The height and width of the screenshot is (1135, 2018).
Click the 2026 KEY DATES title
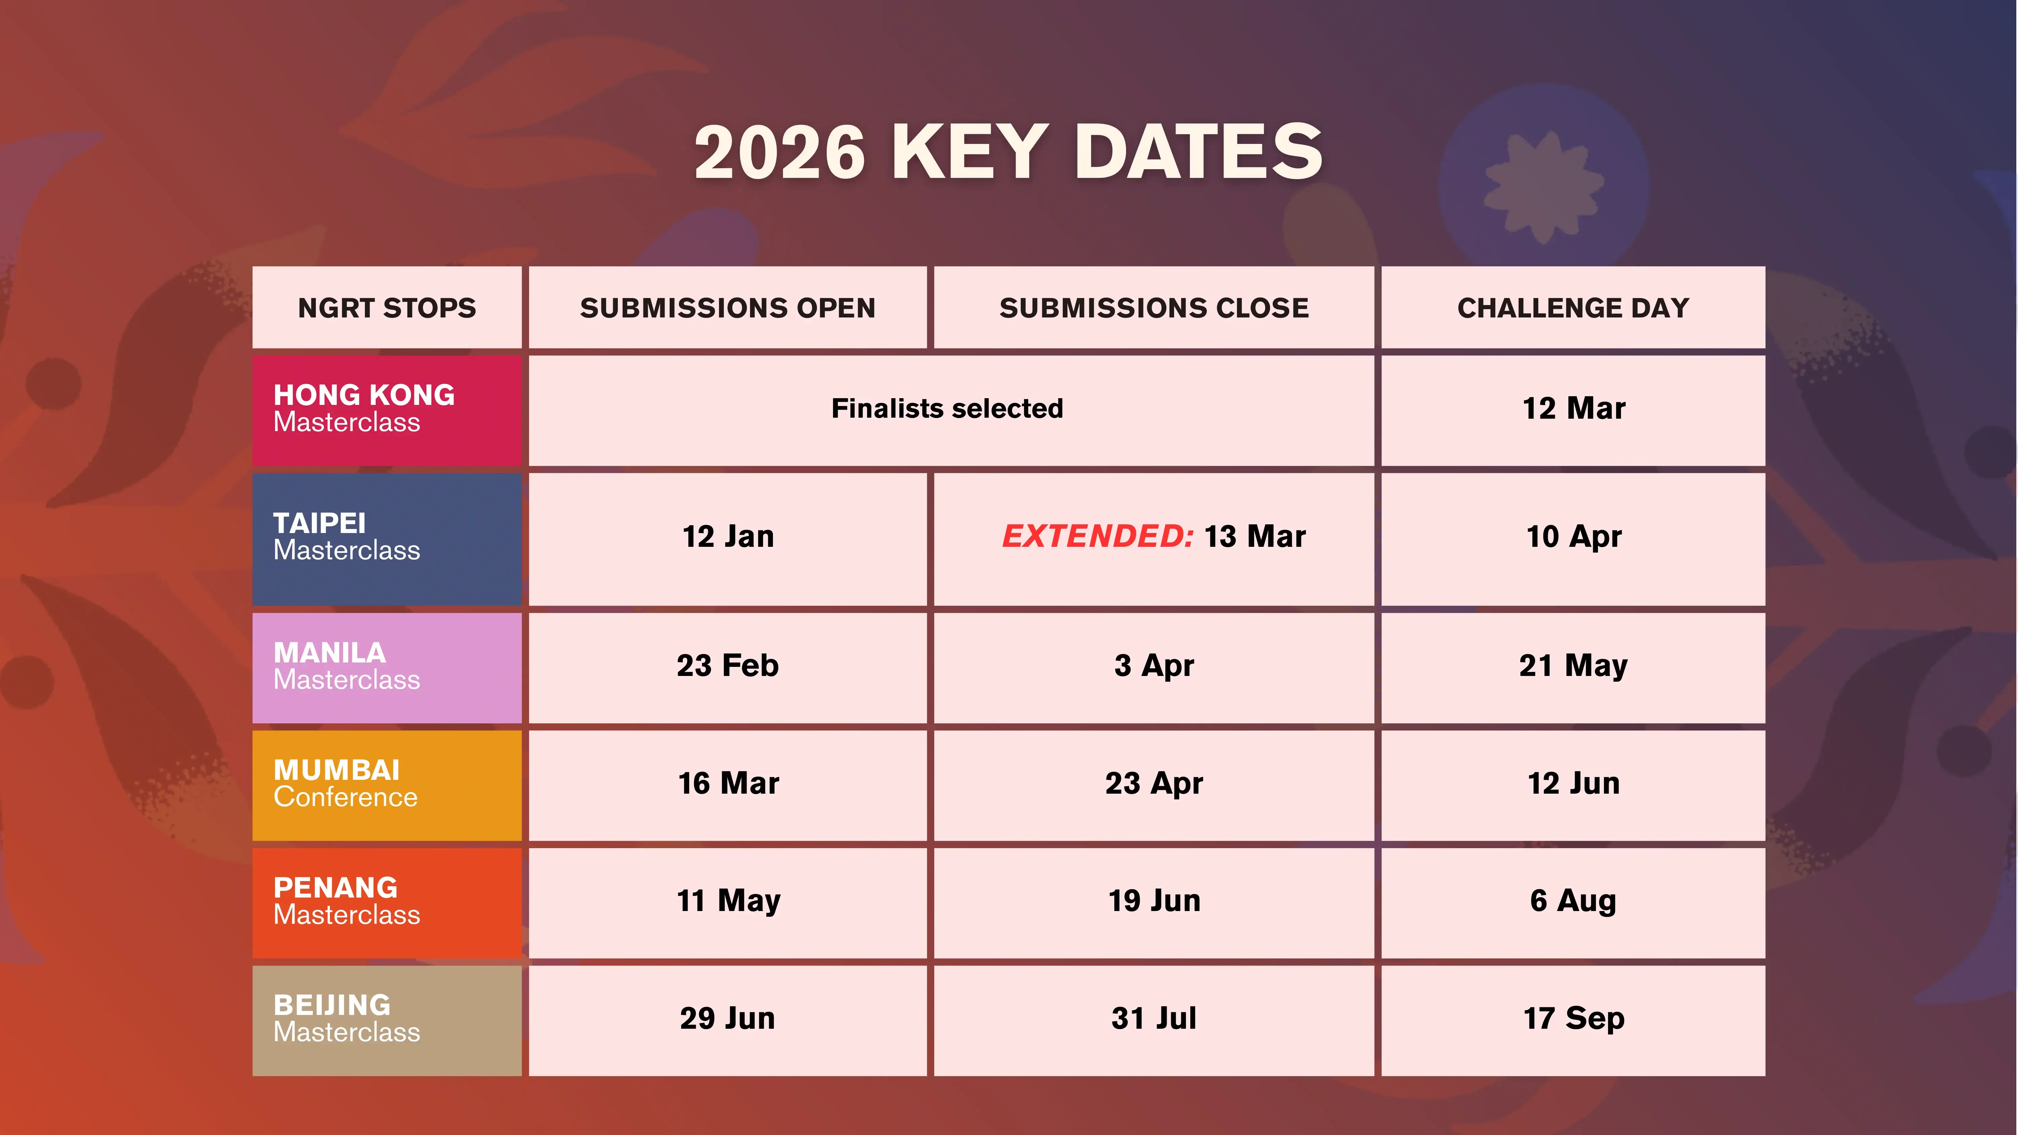point(1008,151)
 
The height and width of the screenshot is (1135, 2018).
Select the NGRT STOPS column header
point(387,308)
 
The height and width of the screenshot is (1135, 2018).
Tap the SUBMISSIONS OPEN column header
point(728,308)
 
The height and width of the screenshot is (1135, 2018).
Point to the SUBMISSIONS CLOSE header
point(1154,308)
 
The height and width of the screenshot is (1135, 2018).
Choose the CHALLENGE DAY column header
point(1573,308)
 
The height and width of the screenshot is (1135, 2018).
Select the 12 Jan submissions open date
point(728,536)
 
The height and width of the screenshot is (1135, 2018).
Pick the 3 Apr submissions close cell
point(1154,666)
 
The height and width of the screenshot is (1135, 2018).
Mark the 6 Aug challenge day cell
point(1573,901)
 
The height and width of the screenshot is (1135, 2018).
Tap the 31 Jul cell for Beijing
point(1154,1018)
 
